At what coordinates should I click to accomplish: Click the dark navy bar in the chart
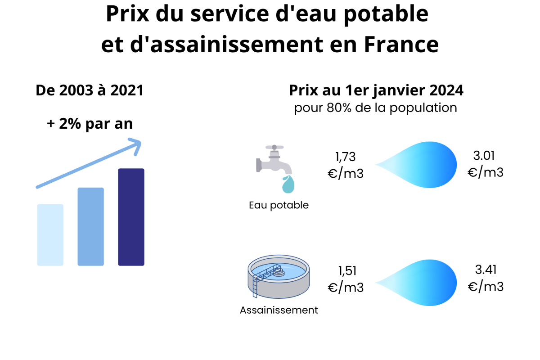click(131, 217)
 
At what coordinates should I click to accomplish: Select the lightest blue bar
click(50, 234)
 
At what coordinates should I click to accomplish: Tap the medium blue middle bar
click(90, 226)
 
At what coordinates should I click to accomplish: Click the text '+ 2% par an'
click(90, 123)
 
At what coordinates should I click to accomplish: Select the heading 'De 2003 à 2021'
click(90, 90)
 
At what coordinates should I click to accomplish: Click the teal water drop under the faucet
click(288, 184)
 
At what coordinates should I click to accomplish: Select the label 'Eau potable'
click(279, 205)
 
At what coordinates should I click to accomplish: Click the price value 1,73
click(345, 157)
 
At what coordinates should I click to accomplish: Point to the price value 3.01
click(484, 156)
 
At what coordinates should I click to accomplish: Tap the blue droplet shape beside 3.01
click(423, 164)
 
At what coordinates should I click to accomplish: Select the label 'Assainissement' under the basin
click(279, 310)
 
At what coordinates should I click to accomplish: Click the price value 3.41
click(485, 270)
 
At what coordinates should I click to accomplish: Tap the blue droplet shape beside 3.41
click(423, 281)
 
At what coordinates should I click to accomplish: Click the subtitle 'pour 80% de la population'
click(376, 108)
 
